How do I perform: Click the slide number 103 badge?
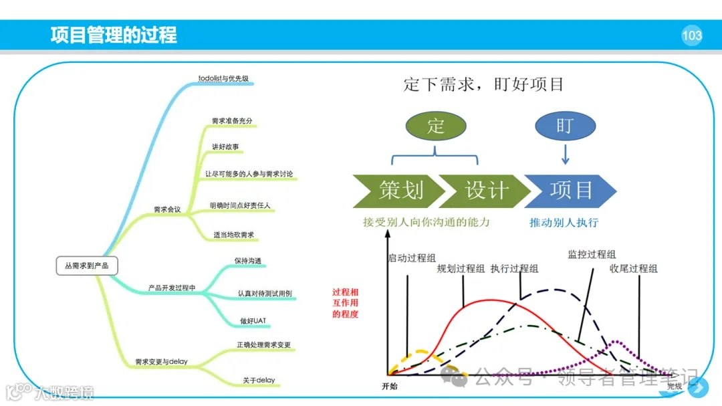[692, 35]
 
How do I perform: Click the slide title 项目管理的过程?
[114, 35]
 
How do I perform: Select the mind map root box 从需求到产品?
[87, 266]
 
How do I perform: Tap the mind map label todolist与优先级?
[223, 78]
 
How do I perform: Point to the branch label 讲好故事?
[226, 146]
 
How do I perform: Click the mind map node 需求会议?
[167, 209]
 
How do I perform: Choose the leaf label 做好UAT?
[253, 321]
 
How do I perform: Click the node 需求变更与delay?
[161, 362]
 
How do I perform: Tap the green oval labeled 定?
[435, 125]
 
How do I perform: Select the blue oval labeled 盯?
[564, 125]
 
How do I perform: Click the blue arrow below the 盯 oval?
[565, 157]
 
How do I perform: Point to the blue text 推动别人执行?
[564, 222]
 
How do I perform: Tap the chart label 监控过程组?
[592, 254]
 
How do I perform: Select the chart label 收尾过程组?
[633, 268]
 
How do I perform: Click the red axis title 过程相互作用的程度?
[345, 302]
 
